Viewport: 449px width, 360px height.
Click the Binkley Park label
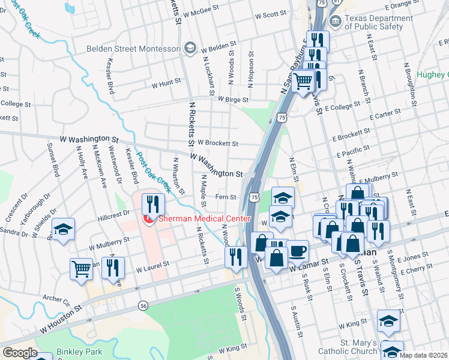coord(79,352)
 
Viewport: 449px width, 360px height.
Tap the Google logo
coord(20,353)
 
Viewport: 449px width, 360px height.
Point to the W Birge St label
coord(233,99)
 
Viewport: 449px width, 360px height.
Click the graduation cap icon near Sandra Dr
coord(62,229)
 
